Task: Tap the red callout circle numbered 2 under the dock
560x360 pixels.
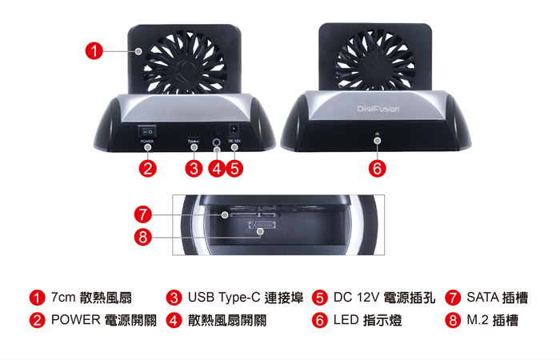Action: [x=147, y=168]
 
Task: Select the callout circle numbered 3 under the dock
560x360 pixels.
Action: [x=193, y=168]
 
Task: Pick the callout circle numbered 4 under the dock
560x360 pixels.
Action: [x=217, y=168]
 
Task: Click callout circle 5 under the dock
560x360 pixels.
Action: [x=234, y=168]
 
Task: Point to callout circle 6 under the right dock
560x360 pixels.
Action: [x=378, y=168]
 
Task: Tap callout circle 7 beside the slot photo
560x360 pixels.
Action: [x=143, y=214]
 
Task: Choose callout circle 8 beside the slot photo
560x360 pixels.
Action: [x=143, y=236]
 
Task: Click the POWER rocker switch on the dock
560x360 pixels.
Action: [x=147, y=130]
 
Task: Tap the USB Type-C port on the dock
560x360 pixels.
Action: [x=193, y=133]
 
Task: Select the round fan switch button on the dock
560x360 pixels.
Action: [x=217, y=143]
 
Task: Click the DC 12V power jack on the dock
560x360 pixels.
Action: [x=234, y=130]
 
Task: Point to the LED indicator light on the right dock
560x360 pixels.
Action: [x=378, y=141]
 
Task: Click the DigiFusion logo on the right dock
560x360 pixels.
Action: [x=378, y=107]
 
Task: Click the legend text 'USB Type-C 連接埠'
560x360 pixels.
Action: [x=245, y=298]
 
